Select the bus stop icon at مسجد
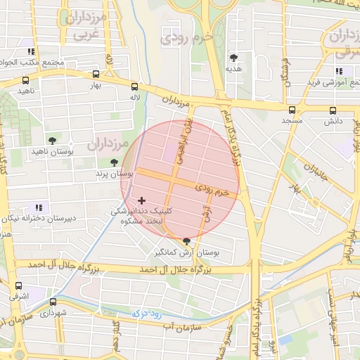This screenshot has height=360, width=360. (x=292, y=110)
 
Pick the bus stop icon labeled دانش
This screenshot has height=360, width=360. (x=333, y=110)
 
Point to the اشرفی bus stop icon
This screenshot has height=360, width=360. (x=18, y=286)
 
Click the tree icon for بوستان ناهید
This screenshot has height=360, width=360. (x=52, y=140)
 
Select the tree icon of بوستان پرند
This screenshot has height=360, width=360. (x=114, y=162)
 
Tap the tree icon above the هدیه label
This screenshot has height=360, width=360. (x=233, y=58)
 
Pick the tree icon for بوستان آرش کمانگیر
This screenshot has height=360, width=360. (x=186, y=241)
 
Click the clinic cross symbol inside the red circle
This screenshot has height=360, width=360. (x=142, y=201)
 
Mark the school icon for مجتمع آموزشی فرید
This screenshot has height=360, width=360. (x=339, y=71)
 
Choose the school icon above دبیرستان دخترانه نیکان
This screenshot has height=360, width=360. (x=39, y=207)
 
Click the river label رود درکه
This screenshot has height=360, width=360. (x=151, y=311)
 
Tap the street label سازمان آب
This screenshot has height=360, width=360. (x=181, y=326)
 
